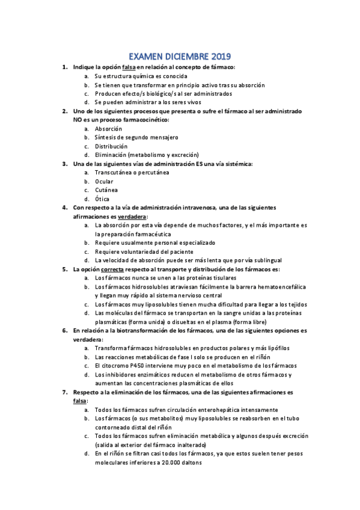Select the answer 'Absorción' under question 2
click(108, 129)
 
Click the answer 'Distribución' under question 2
click(111, 146)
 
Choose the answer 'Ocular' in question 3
click(104, 181)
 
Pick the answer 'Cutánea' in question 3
click(106, 190)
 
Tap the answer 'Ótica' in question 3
click(103, 198)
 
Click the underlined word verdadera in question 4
click(132, 216)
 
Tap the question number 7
click(64, 392)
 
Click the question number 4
click(64, 207)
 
